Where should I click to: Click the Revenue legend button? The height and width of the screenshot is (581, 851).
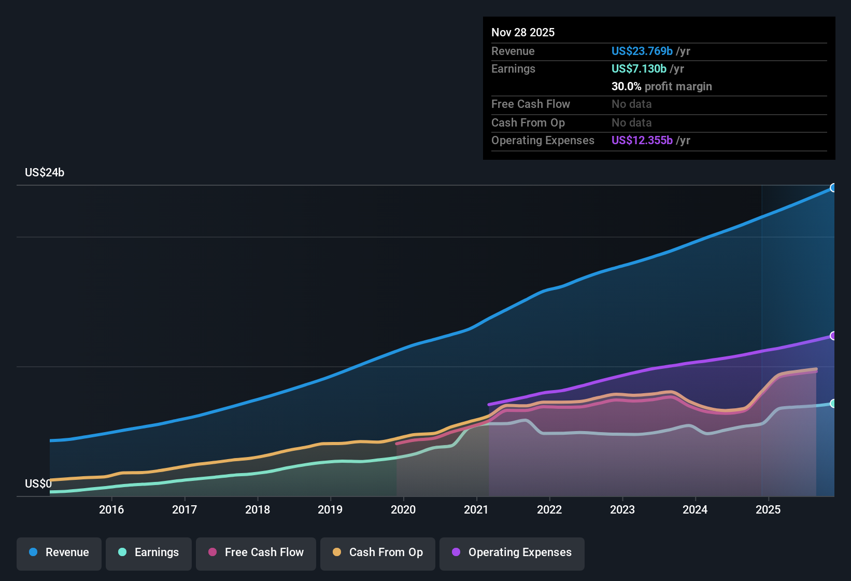(59, 553)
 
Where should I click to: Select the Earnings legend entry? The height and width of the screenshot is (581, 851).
(149, 553)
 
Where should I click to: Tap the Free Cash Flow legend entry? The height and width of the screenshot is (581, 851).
(256, 553)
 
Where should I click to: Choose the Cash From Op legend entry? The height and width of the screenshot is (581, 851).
(378, 553)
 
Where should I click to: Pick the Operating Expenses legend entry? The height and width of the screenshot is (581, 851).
(512, 553)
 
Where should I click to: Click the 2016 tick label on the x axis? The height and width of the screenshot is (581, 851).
(111, 510)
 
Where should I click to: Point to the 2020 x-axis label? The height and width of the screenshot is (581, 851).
(403, 510)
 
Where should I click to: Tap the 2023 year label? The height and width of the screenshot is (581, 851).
(622, 510)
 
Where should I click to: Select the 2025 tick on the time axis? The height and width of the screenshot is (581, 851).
(768, 510)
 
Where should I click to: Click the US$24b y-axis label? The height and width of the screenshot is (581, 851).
(45, 173)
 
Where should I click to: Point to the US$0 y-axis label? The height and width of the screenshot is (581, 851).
(38, 484)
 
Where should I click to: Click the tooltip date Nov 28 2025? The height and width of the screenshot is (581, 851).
(523, 33)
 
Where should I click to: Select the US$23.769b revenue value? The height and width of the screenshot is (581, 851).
(642, 51)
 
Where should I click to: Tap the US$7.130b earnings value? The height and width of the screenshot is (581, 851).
(639, 69)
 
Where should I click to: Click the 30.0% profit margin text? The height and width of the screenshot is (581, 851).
(661, 87)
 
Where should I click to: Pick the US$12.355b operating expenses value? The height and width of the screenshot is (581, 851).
(642, 141)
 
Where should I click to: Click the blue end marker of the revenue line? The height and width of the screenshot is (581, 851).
(833, 188)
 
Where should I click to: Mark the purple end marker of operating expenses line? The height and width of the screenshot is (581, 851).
(833, 336)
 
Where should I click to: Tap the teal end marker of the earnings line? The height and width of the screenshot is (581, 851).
(833, 404)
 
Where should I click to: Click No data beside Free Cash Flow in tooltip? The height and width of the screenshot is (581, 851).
(631, 104)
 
